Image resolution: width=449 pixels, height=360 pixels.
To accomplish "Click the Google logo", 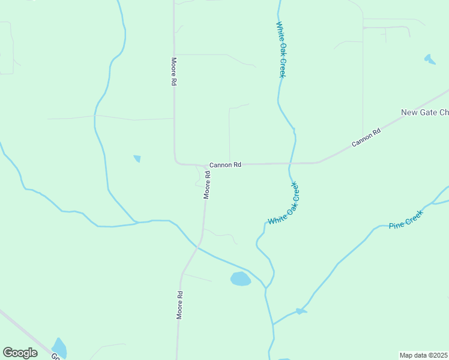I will [20, 353].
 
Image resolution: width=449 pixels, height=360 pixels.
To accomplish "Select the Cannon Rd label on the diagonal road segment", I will [366, 139].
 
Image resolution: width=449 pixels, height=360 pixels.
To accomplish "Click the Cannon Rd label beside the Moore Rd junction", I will [225, 164].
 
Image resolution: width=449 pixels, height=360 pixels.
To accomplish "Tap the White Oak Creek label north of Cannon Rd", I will [280, 50].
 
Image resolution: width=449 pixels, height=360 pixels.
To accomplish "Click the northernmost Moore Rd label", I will [173, 72].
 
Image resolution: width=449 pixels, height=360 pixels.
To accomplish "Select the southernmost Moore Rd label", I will [179, 305].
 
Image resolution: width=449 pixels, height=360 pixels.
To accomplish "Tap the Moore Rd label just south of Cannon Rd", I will [206, 185].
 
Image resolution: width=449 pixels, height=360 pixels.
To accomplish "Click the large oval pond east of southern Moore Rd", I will [241, 279].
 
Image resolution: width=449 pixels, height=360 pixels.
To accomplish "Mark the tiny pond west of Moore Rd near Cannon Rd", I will [137, 158].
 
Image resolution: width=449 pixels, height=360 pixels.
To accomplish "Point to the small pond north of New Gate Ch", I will [430, 59].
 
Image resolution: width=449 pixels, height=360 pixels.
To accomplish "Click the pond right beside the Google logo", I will [59, 347].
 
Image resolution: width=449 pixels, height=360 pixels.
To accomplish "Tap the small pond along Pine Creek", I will [300, 311].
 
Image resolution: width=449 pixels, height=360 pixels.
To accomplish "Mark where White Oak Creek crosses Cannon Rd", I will [290, 163].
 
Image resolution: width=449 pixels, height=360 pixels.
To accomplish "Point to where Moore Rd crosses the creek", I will [197, 244].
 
